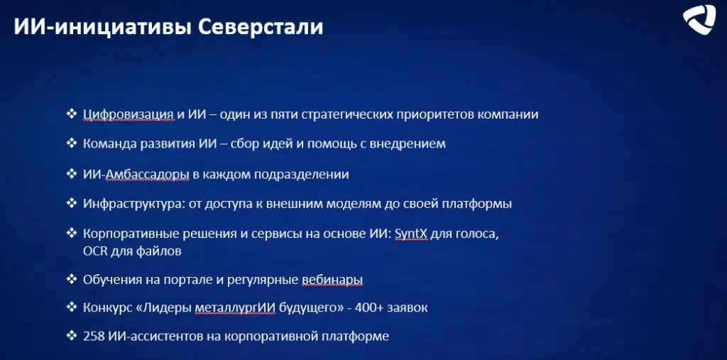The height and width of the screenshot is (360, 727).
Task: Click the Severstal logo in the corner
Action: [x=699, y=19]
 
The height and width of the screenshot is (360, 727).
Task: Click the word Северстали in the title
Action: [x=261, y=27]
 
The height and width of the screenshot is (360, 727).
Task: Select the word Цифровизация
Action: [x=129, y=114]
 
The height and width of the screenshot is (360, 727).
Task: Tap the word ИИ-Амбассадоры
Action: [x=136, y=175]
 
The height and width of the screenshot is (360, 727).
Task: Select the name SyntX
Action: [x=411, y=234]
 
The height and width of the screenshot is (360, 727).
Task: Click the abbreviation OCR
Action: [x=94, y=251]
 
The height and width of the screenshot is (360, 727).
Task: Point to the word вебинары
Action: [x=332, y=280]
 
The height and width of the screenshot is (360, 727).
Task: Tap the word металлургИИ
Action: [x=235, y=308]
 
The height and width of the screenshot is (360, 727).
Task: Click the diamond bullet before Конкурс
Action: [x=72, y=307]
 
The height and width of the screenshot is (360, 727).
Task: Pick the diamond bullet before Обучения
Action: [x=72, y=279]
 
